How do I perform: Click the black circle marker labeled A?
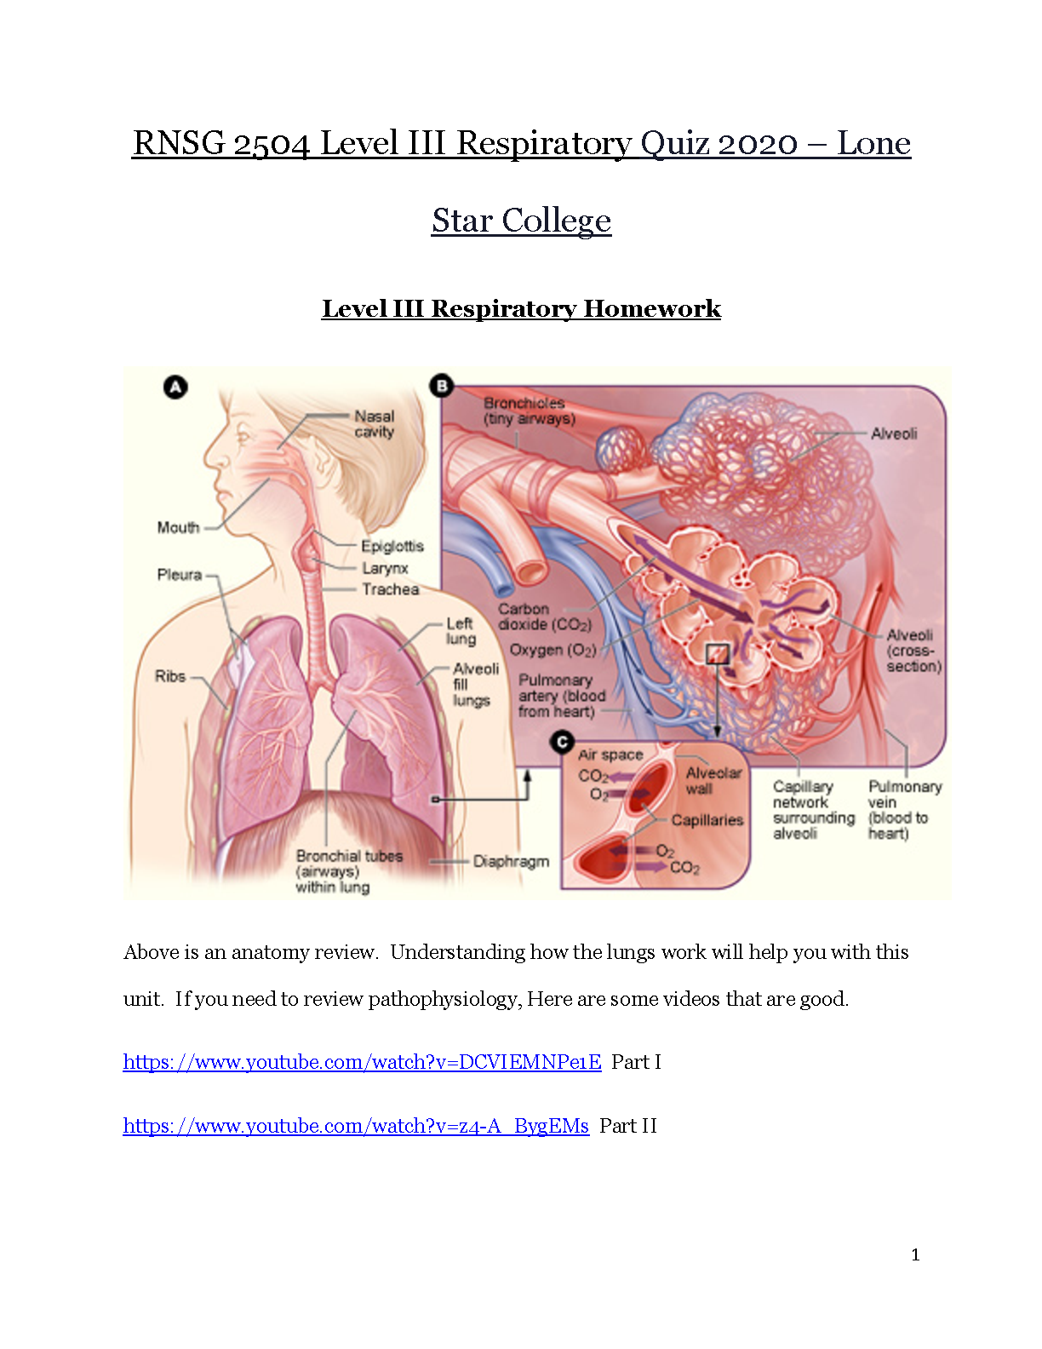pyautogui.click(x=175, y=387)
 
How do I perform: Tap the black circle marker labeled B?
pyautogui.click(x=442, y=386)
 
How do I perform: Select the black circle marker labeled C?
pyautogui.click(x=562, y=742)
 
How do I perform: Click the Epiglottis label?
pyautogui.click(x=392, y=546)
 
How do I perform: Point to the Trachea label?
pyautogui.click(x=391, y=589)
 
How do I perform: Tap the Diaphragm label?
pyautogui.click(x=512, y=862)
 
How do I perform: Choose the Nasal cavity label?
pyautogui.click(x=375, y=424)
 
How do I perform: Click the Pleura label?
pyautogui.click(x=180, y=575)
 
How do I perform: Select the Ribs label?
pyautogui.click(x=170, y=676)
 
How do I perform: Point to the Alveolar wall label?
pyautogui.click(x=713, y=781)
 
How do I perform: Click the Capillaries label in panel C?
pyautogui.click(x=707, y=820)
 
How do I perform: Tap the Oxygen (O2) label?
pyautogui.click(x=553, y=650)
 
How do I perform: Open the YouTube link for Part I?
pyautogui.click(x=363, y=1062)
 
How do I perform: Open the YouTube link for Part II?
pyautogui.click(x=356, y=1126)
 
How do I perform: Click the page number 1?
pyautogui.click(x=915, y=1254)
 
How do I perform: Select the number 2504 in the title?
pyautogui.click(x=272, y=143)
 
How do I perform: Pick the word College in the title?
pyautogui.click(x=556, y=221)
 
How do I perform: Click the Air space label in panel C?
pyautogui.click(x=610, y=755)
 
